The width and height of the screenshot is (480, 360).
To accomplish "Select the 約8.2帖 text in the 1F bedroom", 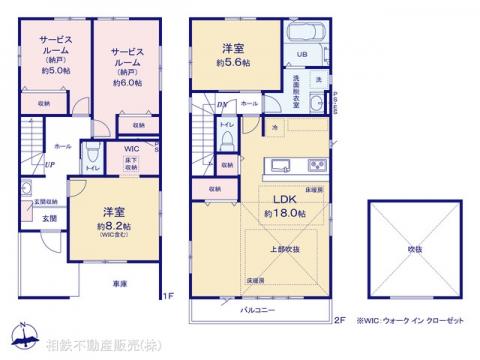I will (x=111, y=226).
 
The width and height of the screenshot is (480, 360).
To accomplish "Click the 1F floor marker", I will (x=169, y=296).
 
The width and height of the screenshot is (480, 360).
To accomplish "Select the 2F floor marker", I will (x=338, y=320).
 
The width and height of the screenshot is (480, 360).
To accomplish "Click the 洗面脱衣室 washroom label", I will (x=297, y=86).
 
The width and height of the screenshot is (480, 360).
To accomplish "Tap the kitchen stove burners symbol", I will (x=317, y=165).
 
